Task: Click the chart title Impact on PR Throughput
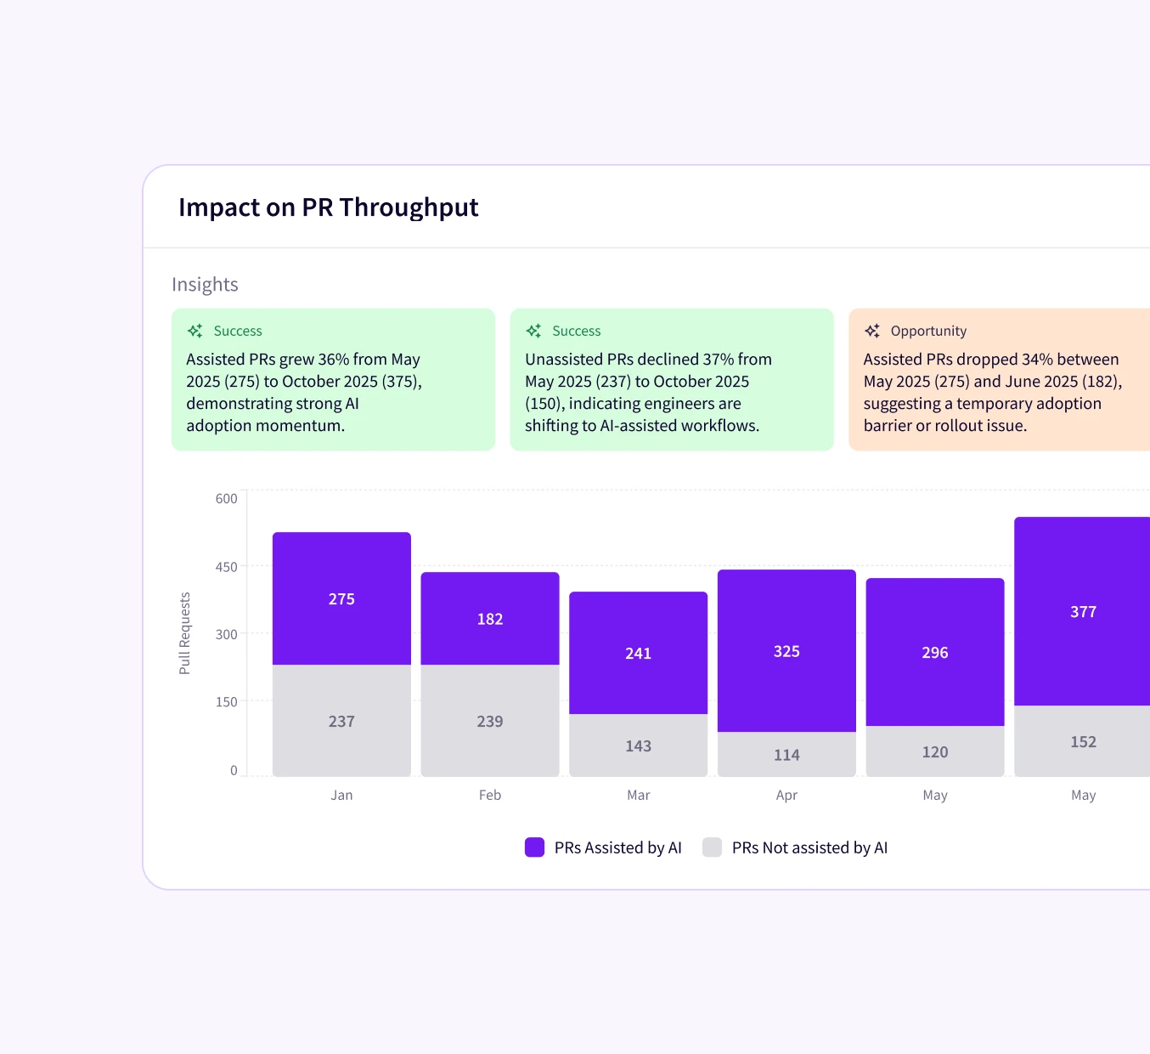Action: pos(328,207)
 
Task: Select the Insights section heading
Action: pos(205,285)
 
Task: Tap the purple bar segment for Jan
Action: pos(341,598)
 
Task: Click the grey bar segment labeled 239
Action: pos(490,721)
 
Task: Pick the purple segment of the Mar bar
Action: pos(638,653)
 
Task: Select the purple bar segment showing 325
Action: pos(786,651)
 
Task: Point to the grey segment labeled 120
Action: pos(935,751)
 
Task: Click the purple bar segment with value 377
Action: pos(1083,611)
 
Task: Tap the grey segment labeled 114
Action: pos(786,755)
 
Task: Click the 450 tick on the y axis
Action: pos(226,567)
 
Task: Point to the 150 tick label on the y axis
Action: pos(226,702)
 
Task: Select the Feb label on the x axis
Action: pos(490,796)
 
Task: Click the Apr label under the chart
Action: pos(786,796)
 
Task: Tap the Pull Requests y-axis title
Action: pos(185,633)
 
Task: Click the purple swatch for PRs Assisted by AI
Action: pos(534,847)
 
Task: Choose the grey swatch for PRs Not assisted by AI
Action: pos(712,847)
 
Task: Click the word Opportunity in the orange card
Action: pos(928,331)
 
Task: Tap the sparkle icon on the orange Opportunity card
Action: pos(872,331)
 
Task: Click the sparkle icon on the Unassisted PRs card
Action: pos(533,331)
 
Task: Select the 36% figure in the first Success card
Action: pos(333,360)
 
